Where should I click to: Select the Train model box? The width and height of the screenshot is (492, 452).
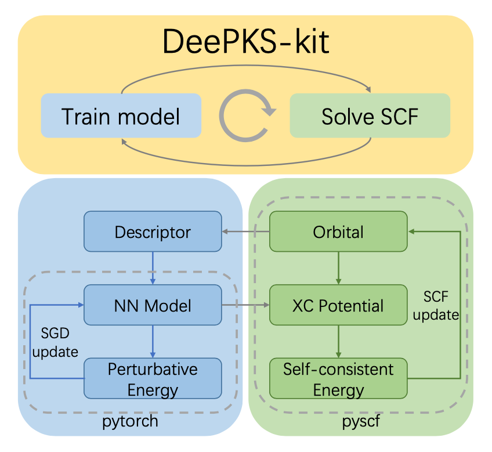click(121, 116)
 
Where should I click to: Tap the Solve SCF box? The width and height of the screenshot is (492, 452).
click(370, 116)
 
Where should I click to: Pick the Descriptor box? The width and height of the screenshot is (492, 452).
click(153, 232)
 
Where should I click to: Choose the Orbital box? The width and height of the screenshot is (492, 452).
click(338, 232)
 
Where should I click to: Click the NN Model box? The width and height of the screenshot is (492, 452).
click(153, 305)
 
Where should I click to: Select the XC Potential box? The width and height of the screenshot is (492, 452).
click(338, 305)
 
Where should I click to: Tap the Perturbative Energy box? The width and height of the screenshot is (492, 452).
click(153, 378)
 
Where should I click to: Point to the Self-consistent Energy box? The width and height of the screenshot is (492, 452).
click(338, 378)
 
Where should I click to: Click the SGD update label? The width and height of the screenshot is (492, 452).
click(56, 342)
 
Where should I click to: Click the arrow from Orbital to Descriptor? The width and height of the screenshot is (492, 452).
click(245, 232)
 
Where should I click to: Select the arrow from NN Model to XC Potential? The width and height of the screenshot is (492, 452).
click(245, 305)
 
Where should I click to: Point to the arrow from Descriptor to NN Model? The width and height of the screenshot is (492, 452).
click(153, 268)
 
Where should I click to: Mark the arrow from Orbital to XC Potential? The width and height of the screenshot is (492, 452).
click(338, 268)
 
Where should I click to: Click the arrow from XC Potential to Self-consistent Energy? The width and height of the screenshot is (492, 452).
click(338, 342)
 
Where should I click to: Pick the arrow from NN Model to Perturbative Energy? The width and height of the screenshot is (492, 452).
click(153, 342)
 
